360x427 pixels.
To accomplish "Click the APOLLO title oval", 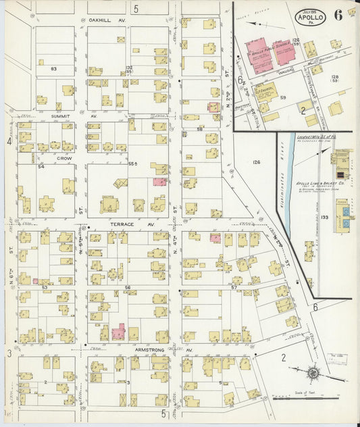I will [310, 17].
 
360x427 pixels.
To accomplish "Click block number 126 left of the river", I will [257, 162].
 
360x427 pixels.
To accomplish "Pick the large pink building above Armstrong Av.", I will [120, 332].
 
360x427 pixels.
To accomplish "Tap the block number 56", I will [127, 287].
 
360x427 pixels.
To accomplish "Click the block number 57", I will [234, 287].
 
